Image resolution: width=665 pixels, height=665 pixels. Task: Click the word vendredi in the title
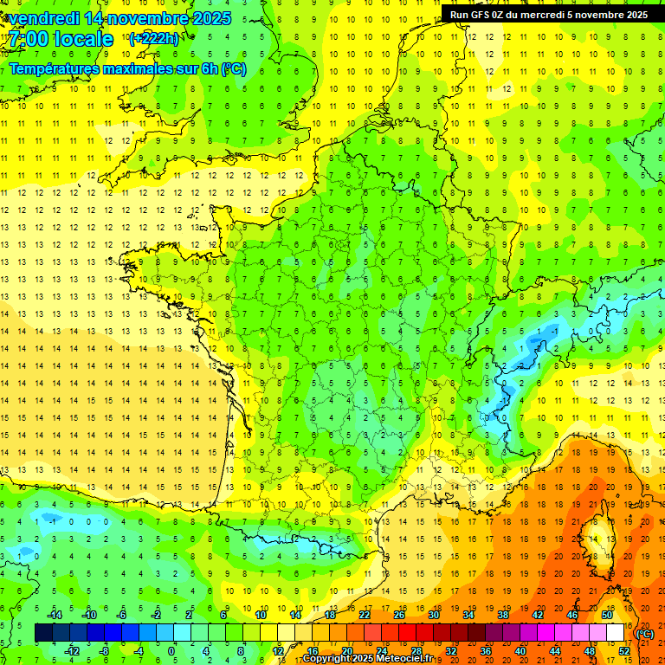pos(44,18)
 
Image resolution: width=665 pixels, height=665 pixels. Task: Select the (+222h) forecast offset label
pos(153,38)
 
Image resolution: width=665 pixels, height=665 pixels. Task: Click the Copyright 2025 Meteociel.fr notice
pos(369,659)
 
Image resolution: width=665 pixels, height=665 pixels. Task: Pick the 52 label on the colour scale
pos(623,650)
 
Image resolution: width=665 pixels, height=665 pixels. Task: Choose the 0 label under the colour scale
pos(171,650)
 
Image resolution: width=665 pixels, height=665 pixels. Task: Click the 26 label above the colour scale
pos(399,615)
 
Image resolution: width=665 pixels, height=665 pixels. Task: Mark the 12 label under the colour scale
pos(279,650)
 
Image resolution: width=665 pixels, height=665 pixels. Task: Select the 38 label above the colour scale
pos(502,615)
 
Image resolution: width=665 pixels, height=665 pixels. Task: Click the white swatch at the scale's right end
pos(615,633)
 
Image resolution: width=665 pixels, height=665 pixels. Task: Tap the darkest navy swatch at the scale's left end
pos(43,633)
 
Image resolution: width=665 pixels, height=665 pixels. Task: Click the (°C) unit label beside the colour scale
pos(645,634)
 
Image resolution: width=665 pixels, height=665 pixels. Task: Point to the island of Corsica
pos(596,537)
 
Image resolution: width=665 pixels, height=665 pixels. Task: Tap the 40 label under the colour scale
pos(520,650)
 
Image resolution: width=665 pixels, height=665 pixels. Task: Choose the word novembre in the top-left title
pos(150,18)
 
